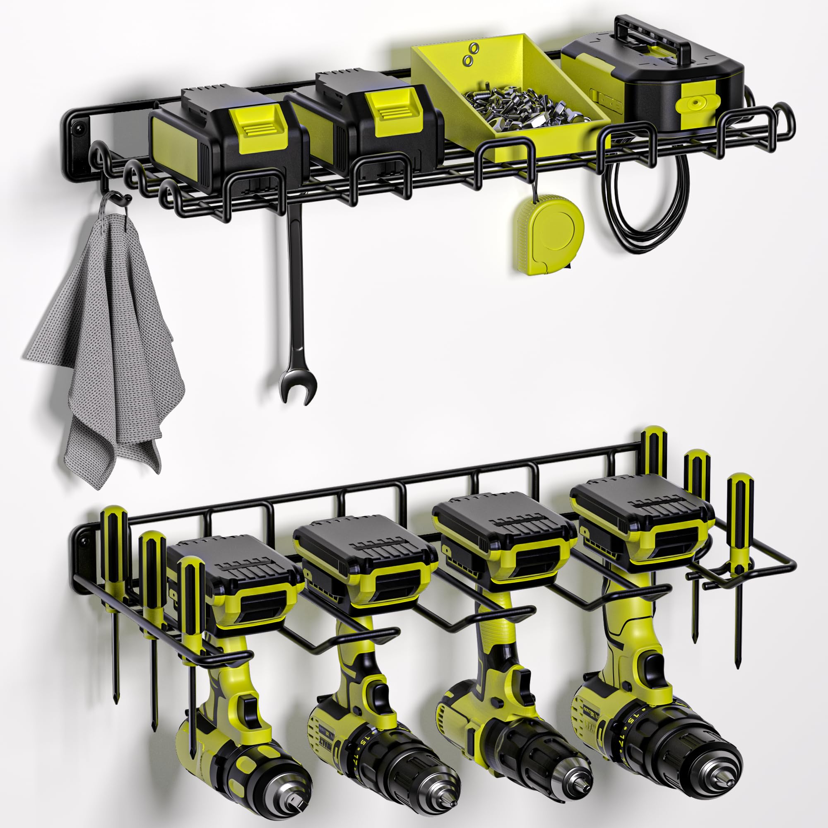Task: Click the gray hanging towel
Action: tap(107, 343)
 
